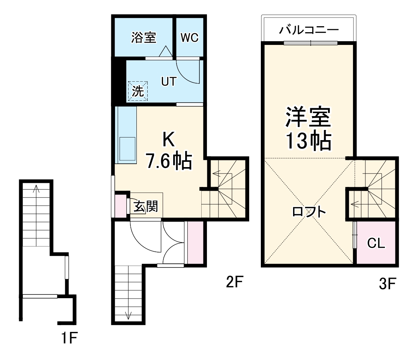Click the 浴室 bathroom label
click(x=144, y=37)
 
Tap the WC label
click(x=190, y=38)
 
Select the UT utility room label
click(x=168, y=82)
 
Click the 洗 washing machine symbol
click(x=138, y=91)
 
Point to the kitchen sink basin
click(x=127, y=149)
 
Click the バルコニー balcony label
click(x=309, y=30)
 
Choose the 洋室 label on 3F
click(x=308, y=117)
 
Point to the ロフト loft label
click(x=309, y=212)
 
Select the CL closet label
click(x=376, y=243)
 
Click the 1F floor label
click(x=69, y=339)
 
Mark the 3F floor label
click(x=387, y=284)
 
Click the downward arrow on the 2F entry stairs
click(x=129, y=315)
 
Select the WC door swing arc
click(x=187, y=73)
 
